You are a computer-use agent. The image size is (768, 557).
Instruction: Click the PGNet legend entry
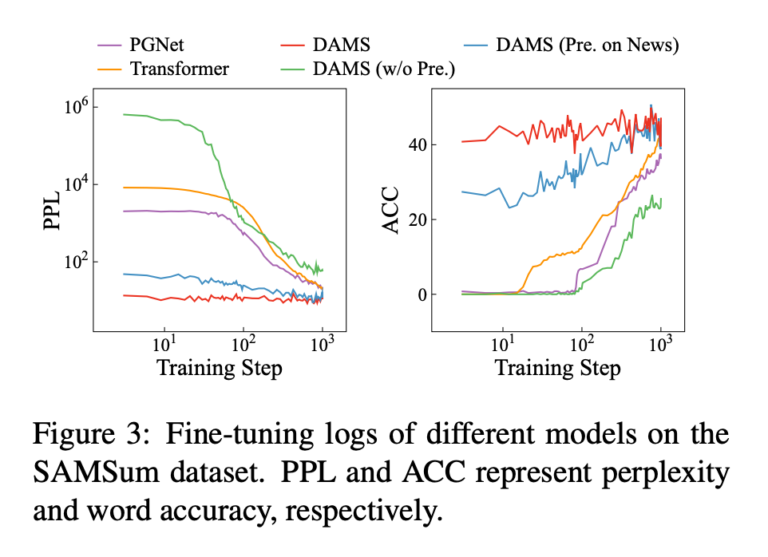pyautogui.click(x=156, y=45)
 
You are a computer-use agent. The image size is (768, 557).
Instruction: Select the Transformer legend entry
pyautogui.click(x=179, y=69)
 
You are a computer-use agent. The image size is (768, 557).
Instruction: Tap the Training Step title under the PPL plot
pyautogui.click(x=219, y=368)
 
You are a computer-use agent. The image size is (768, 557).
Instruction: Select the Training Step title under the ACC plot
pyautogui.click(x=557, y=368)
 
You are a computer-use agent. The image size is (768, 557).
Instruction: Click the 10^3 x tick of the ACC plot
pyautogui.click(x=661, y=345)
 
